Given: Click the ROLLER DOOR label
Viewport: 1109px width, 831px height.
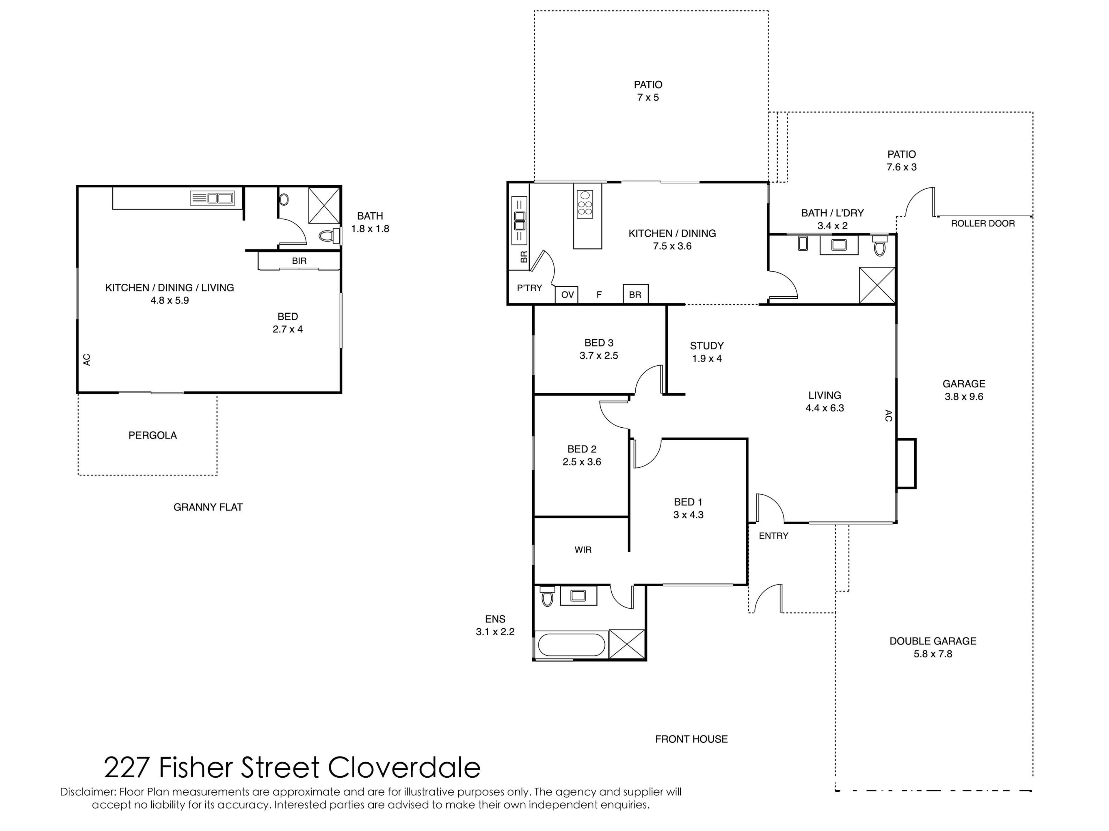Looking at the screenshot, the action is [983, 223].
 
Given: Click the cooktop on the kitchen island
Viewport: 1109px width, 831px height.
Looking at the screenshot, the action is [585, 204].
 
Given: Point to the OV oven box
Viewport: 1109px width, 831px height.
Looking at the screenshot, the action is [567, 295].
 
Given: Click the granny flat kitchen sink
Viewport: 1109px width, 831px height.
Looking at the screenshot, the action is [213, 198].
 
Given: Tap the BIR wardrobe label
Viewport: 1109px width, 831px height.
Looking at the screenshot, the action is [299, 261].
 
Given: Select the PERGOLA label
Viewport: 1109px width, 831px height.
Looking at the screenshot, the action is [152, 435].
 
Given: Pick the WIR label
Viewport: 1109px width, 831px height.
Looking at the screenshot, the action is [583, 550].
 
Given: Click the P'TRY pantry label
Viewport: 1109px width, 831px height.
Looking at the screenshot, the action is [529, 288].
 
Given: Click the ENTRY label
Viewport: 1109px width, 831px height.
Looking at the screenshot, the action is [774, 536].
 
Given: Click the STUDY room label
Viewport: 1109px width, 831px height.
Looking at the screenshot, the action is [707, 346].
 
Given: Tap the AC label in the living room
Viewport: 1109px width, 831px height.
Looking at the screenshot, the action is [888, 416].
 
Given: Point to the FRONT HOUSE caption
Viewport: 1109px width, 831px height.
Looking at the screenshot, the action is [691, 739].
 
